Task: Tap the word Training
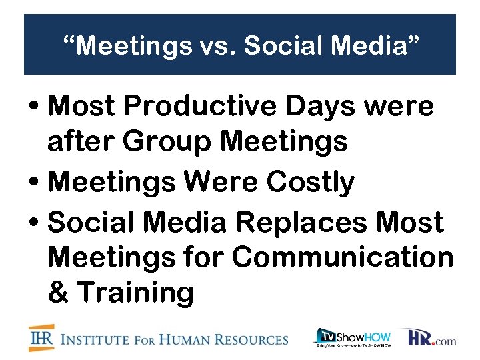point(136,292)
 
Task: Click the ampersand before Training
point(59,292)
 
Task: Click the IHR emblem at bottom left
point(41,338)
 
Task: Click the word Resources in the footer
point(253,340)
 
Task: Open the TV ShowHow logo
point(352,337)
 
